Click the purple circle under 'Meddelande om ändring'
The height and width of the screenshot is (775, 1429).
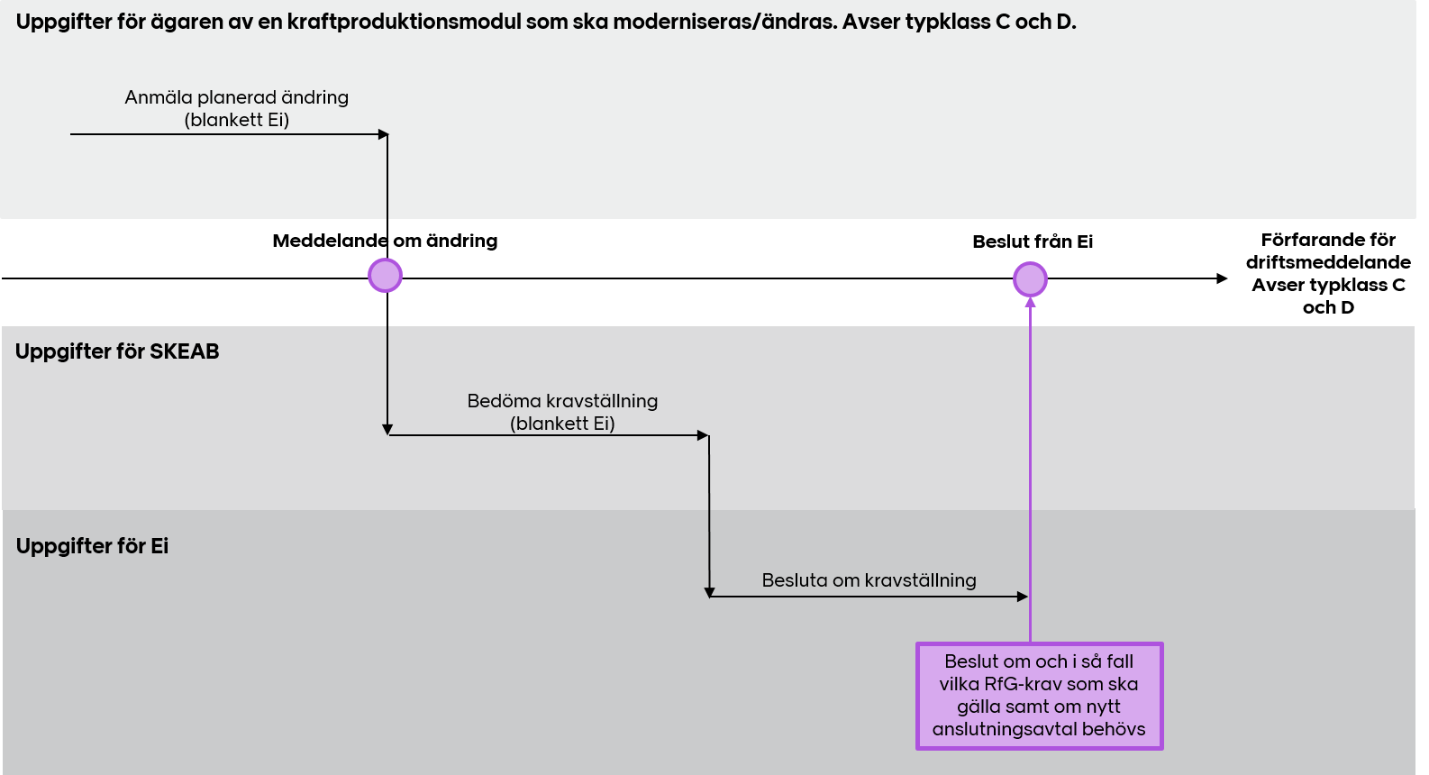[x=386, y=276]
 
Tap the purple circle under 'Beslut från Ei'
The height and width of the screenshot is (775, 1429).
[x=1030, y=279]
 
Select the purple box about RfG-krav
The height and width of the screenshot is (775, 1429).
[x=1039, y=696]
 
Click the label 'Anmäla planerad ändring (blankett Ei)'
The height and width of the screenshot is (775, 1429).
[x=237, y=108]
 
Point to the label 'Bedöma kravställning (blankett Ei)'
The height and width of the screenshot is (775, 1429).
[x=562, y=412]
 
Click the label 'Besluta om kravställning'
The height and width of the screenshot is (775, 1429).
[x=869, y=579]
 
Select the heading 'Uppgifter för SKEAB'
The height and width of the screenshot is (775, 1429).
[x=117, y=351]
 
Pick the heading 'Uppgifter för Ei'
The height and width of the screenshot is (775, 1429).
[x=93, y=546]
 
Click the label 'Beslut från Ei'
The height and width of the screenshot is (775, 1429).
[x=1033, y=242]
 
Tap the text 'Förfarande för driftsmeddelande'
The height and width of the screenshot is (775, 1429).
[x=1328, y=251]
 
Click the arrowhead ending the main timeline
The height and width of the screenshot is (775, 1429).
[x=1222, y=278]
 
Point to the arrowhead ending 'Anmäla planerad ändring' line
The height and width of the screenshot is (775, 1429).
[x=383, y=134]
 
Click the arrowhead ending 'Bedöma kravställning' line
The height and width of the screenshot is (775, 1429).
[x=703, y=435]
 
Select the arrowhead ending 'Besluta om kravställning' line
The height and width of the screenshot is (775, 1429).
[x=1023, y=597]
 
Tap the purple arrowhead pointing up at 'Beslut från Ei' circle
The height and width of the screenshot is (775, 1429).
[x=1030, y=302]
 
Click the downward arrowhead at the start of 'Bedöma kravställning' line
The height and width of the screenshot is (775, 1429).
[x=387, y=429]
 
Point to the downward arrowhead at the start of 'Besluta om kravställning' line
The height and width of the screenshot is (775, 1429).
[x=709, y=592]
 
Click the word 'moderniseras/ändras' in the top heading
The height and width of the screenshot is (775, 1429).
[x=724, y=23]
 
